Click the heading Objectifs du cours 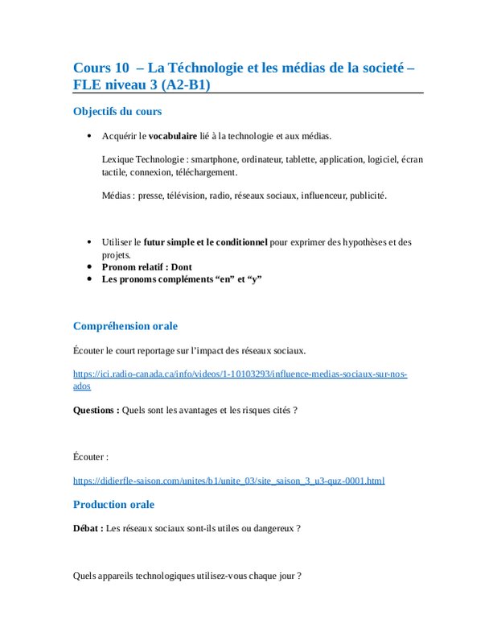coord(117,111)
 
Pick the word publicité coord(368,195)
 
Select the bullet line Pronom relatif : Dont coord(147,266)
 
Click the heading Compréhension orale coord(125,326)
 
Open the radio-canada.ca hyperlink coord(240,374)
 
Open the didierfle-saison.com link coord(228,481)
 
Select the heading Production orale coord(113,505)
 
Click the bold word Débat coord(88,528)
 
